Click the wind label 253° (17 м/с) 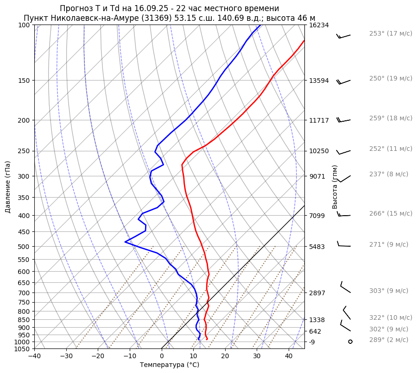[391, 33]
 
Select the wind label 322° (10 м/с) [391, 317]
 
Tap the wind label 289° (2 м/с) [389, 340]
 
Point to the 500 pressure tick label [24, 247]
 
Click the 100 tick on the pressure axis [24, 25]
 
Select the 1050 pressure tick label [22, 349]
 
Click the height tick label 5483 [316, 247]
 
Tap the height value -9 [313, 342]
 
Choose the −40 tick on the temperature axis [34, 356]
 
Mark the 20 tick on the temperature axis [225, 356]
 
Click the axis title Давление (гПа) [8, 187]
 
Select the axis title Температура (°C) [170, 365]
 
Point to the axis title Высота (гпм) [335, 187]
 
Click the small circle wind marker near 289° [350, 342]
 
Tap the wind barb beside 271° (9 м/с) [344, 245]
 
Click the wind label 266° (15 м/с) [391, 213]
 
